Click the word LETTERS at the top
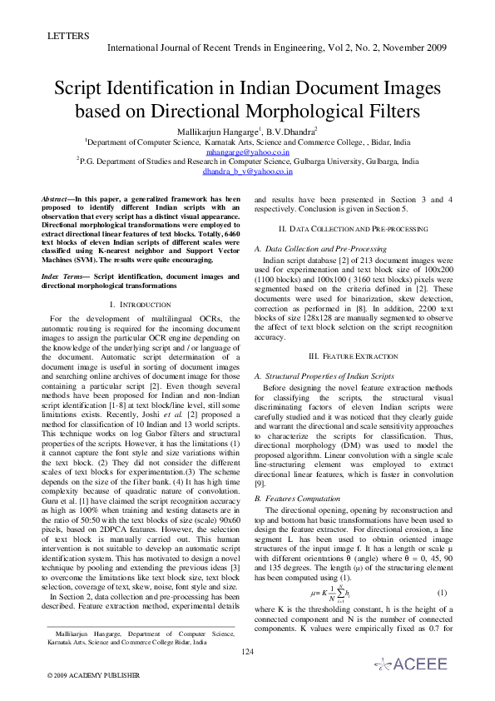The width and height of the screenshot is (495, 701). [x=62, y=36]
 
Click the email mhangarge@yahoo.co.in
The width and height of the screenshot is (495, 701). [x=248, y=152]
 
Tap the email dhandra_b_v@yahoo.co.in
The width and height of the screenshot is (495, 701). [x=248, y=172]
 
